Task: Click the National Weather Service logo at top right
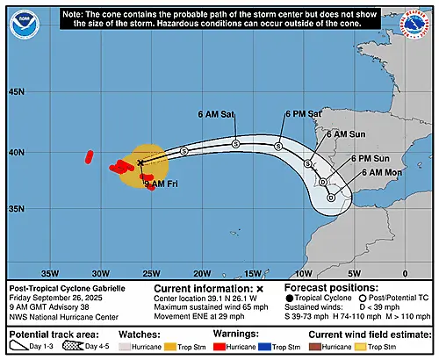tap(413, 23)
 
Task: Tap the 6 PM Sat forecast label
tap(302, 114)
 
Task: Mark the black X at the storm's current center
tap(140, 162)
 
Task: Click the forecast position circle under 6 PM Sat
tap(278, 146)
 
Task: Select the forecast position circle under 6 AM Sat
tap(235, 143)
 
